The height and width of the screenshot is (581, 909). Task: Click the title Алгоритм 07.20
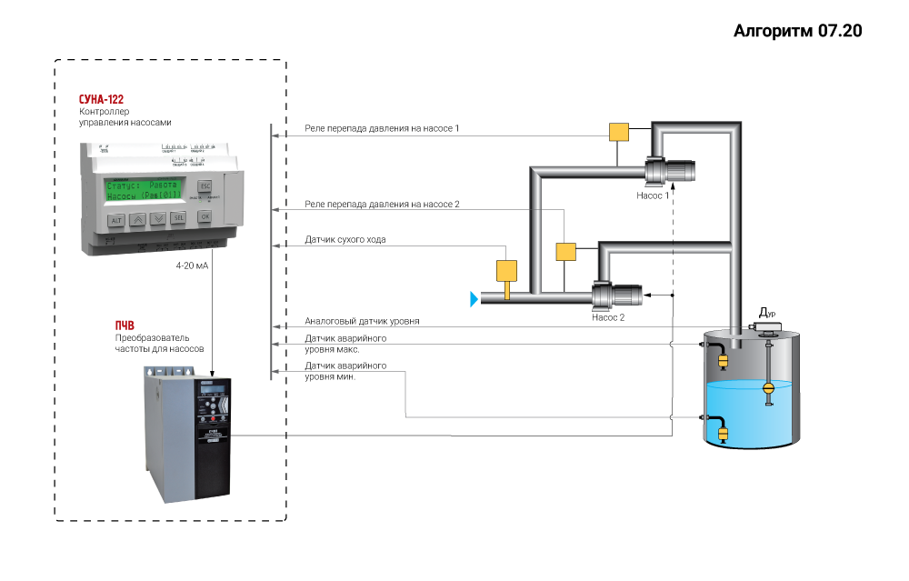point(797,31)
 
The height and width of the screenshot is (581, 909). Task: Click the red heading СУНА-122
point(101,99)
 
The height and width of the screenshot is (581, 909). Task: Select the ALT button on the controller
point(116,220)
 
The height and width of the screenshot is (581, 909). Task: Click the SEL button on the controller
point(178,218)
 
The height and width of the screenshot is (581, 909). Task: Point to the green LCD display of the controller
point(144,189)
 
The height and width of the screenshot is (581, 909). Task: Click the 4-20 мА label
point(192,266)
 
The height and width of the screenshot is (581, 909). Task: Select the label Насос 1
point(653,195)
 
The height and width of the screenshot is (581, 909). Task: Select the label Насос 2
point(607,317)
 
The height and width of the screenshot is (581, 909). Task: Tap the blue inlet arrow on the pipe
point(474,297)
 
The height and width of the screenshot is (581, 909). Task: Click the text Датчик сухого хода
point(345,240)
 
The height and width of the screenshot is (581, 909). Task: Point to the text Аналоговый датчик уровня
point(362,322)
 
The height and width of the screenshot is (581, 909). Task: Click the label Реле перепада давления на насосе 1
point(382,129)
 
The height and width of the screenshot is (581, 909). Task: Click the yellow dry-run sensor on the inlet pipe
point(505,270)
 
